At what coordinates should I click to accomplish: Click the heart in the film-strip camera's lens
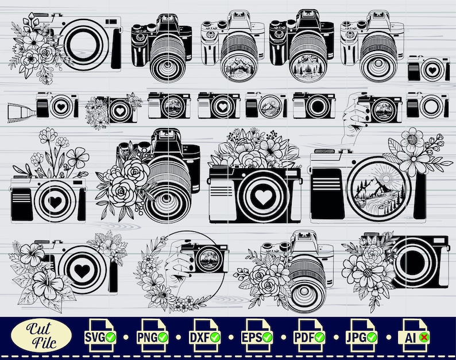pos(59,107)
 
